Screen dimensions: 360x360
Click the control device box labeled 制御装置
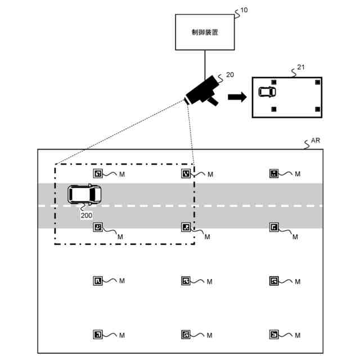[x=205, y=32]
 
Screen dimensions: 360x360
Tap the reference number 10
[x=244, y=10]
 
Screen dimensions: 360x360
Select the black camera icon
[x=202, y=91]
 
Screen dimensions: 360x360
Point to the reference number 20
[x=230, y=75]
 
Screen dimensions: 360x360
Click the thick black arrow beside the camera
[x=237, y=97]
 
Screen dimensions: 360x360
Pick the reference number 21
[x=301, y=67]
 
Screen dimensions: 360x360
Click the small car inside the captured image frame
[x=267, y=92]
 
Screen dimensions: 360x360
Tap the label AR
[x=315, y=141]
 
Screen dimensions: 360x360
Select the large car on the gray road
[x=84, y=195]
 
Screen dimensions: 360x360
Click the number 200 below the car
[x=86, y=215]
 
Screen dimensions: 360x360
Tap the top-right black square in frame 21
[x=317, y=82]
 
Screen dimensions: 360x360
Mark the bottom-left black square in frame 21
[x=274, y=109]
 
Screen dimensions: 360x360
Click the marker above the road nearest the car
[x=98, y=173]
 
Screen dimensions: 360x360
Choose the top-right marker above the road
[x=274, y=173]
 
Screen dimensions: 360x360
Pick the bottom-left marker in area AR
[x=98, y=335]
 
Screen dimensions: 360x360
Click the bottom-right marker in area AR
[x=274, y=335]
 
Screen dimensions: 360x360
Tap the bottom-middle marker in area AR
[x=186, y=335]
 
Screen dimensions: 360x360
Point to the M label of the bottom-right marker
[x=298, y=335]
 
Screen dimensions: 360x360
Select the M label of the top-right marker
[x=298, y=174]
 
